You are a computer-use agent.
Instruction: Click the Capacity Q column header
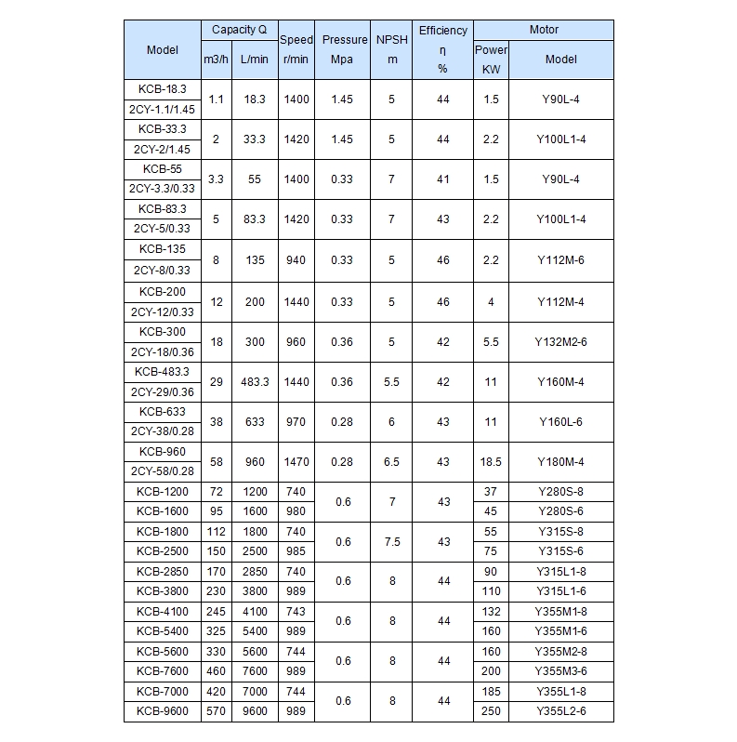pos(239,30)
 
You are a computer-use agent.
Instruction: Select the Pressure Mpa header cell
pos(345,49)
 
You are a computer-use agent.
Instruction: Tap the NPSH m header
pos(392,49)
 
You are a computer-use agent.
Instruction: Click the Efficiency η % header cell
pos(442,49)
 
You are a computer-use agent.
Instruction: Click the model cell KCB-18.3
pos(163,88)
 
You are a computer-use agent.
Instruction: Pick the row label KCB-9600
pos(163,711)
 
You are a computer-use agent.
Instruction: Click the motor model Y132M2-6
pos(560,342)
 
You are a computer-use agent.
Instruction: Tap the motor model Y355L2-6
pos(560,711)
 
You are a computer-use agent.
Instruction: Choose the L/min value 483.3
pos(253,382)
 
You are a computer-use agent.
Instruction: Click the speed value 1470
pos(296,462)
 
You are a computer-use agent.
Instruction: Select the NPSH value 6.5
pos(392,462)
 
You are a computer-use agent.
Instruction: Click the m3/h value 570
pos(216,711)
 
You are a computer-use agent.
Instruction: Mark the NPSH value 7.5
pos(392,542)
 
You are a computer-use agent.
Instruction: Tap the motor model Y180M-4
pos(560,462)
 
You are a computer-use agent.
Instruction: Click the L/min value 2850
pos(253,572)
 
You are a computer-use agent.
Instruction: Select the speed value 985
pos(296,550)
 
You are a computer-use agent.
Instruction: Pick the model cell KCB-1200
pos(163,491)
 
